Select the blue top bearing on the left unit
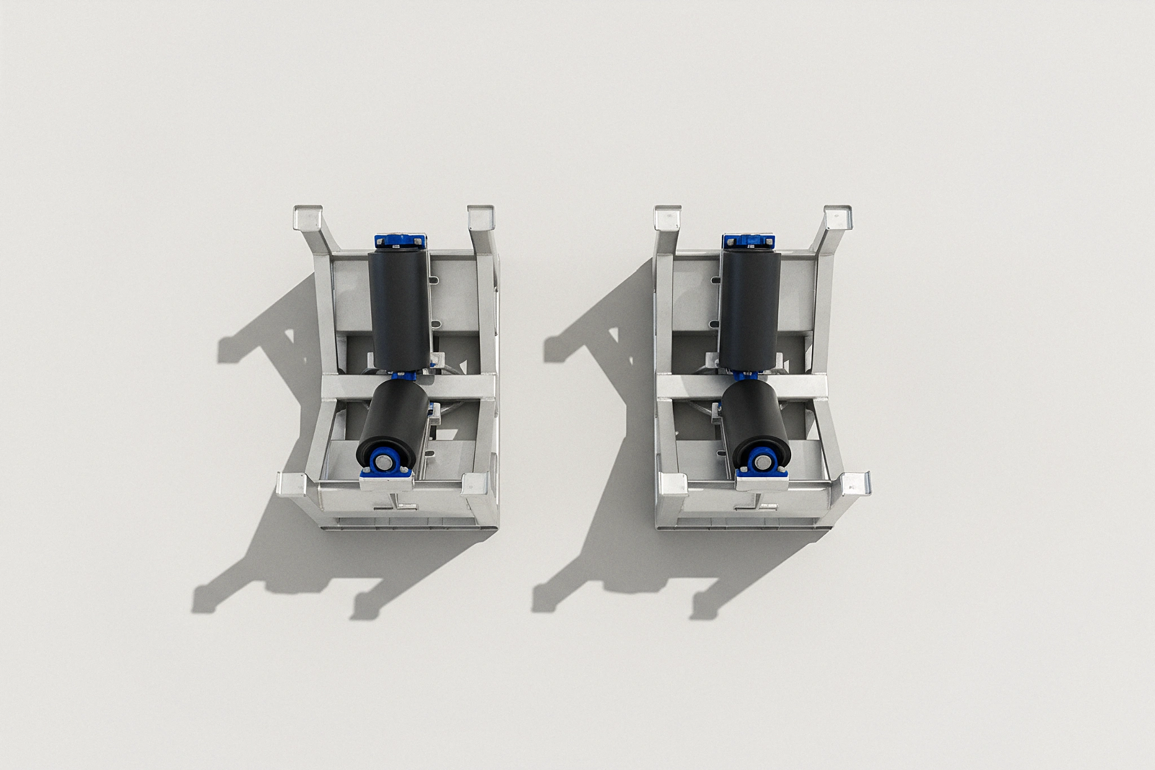[398, 241]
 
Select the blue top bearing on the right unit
[748, 241]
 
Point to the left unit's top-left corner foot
[307, 217]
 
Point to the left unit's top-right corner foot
[480, 217]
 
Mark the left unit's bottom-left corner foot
[291, 484]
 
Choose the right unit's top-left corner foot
[668, 217]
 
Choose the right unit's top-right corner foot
[838, 217]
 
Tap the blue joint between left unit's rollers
[408, 375]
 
